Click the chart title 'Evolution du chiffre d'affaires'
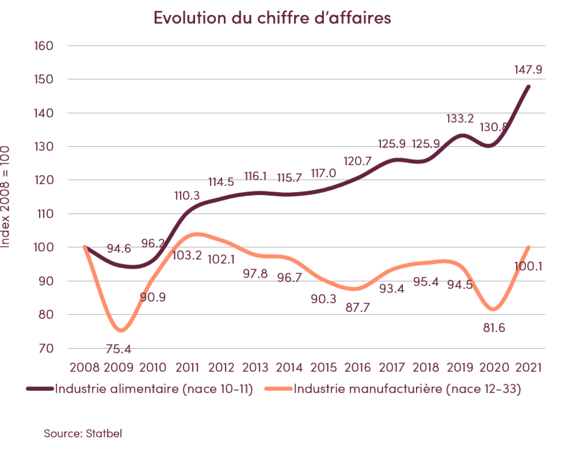(272, 18)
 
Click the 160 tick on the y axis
(44, 46)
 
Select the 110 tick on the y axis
(45, 214)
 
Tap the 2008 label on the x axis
(85, 368)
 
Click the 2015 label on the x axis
(323, 368)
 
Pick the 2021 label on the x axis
(528, 368)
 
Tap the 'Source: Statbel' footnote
(83, 433)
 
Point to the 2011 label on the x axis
(187, 368)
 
